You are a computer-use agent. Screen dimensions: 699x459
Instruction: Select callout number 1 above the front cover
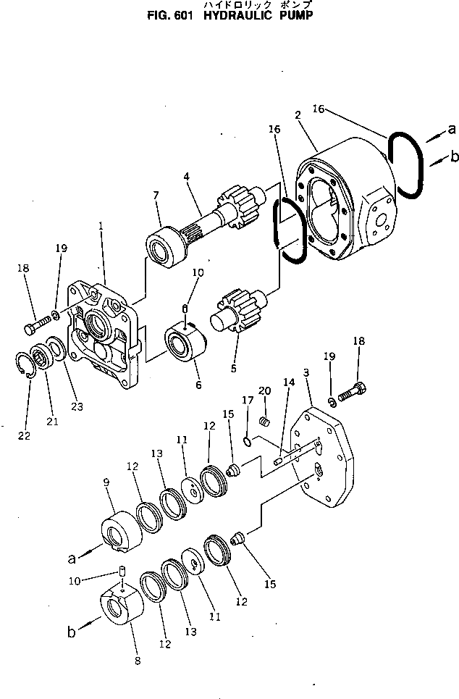[101, 226]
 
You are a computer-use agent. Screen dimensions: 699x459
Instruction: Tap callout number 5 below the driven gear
[233, 368]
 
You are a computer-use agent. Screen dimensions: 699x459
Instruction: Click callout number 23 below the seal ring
[77, 407]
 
